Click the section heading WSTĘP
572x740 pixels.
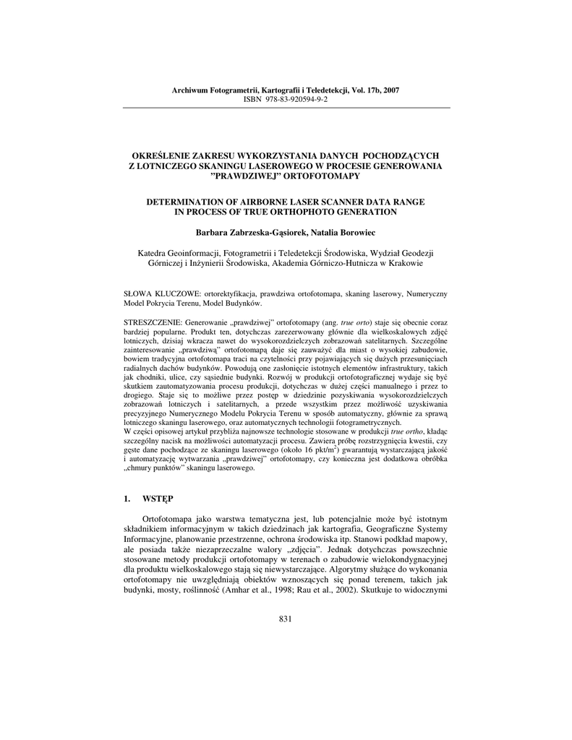(x=158, y=499)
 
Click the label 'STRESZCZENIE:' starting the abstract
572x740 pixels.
(x=153, y=319)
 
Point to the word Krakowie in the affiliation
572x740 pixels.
(x=404, y=264)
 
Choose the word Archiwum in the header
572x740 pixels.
(x=189, y=90)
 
